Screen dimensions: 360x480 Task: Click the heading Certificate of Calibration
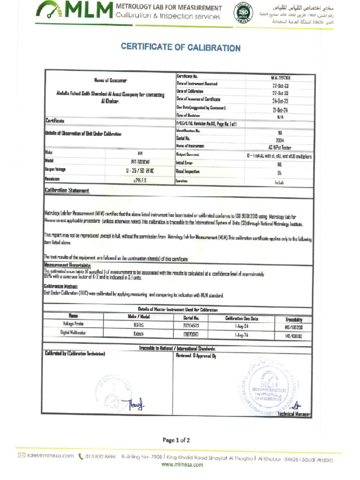tap(180, 47)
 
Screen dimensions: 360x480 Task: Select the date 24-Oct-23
tap(280, 101)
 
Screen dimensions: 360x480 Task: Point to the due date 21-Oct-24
tap(280, 110)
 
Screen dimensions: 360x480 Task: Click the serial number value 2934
tap(280, 140)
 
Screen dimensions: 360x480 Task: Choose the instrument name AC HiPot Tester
tap(280, 147)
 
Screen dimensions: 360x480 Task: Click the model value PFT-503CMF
tap(140, 162)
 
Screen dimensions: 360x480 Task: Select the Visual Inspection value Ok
tap(280, 172)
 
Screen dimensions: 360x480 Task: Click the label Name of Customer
tap(111, 81)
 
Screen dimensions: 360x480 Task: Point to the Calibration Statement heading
tap(67, 191)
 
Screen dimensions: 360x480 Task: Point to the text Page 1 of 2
tap(176, 440)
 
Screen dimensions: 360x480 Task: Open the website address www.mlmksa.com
tap(182, 465)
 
